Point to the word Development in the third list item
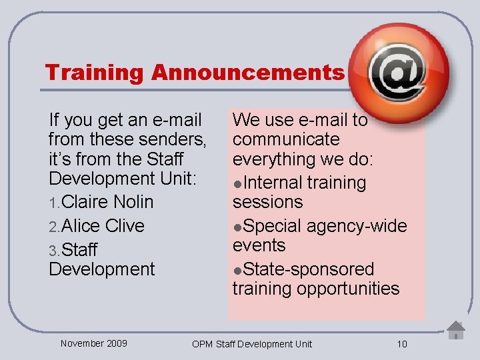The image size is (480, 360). coord(101,269)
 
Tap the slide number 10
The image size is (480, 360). coord(401,344)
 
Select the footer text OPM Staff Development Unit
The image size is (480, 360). coord(251,344)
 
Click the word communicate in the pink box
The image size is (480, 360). coord(286,140)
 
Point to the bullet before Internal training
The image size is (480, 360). coord(237,183)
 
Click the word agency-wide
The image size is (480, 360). coord(356,226)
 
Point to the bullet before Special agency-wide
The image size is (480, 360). coord(237,227)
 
